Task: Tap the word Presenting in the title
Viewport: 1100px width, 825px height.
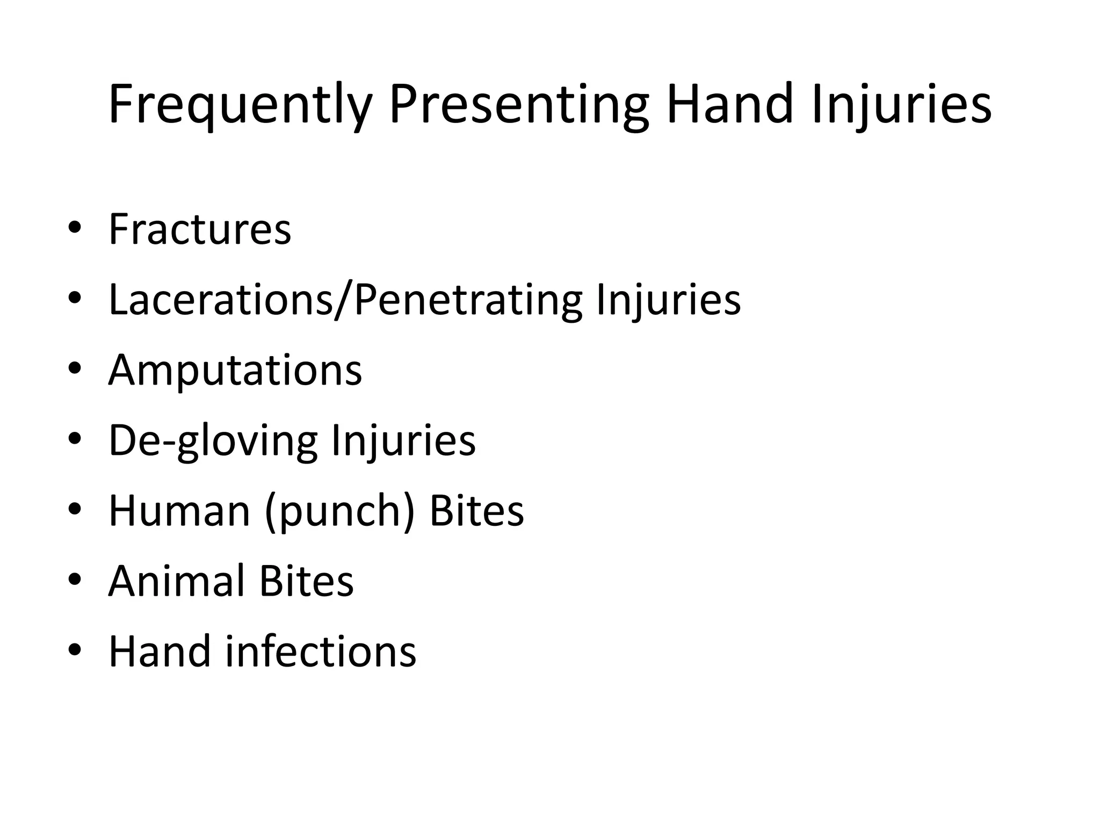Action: [519, 105]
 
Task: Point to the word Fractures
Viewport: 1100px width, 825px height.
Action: [200, 229]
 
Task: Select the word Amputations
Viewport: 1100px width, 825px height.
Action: [235, 371]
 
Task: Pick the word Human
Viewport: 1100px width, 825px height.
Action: [179, 511]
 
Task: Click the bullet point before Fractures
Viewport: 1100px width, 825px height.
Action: [75, 228]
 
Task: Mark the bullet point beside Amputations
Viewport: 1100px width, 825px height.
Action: [75, 369]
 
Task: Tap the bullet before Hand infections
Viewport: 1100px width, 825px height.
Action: [75, 650]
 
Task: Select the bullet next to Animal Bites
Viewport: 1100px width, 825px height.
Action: [75, 580]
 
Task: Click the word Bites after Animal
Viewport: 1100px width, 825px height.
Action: [306, 581]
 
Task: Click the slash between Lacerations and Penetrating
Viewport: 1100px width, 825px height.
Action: [344, 301]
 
